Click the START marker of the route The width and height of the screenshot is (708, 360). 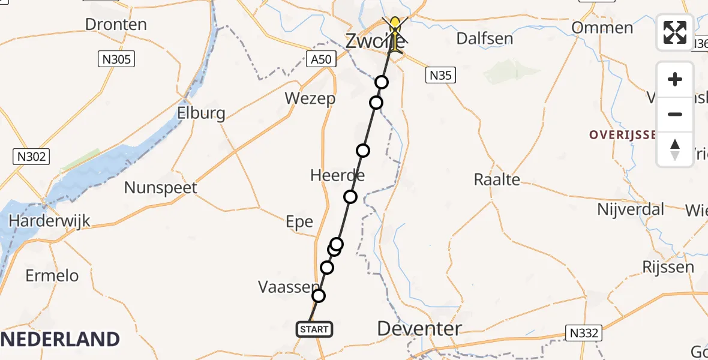coord(314,329)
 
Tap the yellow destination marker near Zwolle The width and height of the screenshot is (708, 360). coord(395,27)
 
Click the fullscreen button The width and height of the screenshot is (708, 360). coord(675,32)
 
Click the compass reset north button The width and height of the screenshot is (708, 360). coord(675,149)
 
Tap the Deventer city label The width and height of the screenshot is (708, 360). coord(419,328)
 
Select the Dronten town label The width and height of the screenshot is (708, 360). coord(116,25)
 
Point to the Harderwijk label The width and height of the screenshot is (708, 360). coord(49,221)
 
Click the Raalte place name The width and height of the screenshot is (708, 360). coord(497,179)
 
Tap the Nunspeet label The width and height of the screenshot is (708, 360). coord(160,188)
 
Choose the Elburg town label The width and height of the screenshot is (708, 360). coord(201,113)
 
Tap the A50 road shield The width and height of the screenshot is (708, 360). coord(322,59)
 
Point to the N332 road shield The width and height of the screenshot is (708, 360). coord(583,333)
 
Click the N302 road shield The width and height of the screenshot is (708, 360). coord(31,157)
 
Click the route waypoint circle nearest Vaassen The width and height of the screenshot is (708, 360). coord(319,296)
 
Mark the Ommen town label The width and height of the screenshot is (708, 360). coord(602,28)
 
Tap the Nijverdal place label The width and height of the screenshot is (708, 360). coord(631,209)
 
